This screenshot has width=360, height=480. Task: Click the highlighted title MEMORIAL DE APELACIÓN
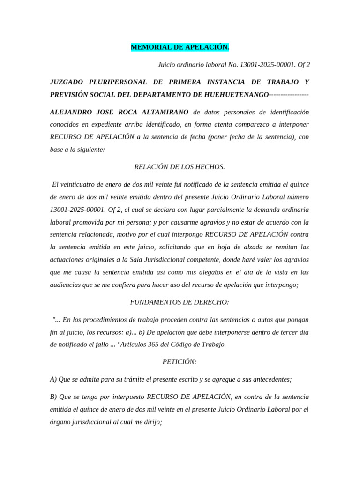click(x=180, y=47)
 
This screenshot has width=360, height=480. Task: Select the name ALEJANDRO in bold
click(x=71, y=112)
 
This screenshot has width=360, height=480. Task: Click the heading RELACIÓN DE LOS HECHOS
click(x=180, y=166)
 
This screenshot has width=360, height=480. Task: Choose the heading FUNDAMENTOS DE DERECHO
click(x=180, y=302)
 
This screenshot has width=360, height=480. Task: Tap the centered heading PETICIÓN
click(x=180, y=362)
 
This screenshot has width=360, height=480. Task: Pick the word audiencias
click(x=67, y=285)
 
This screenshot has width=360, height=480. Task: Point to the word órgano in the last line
click(x=61, y=422)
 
